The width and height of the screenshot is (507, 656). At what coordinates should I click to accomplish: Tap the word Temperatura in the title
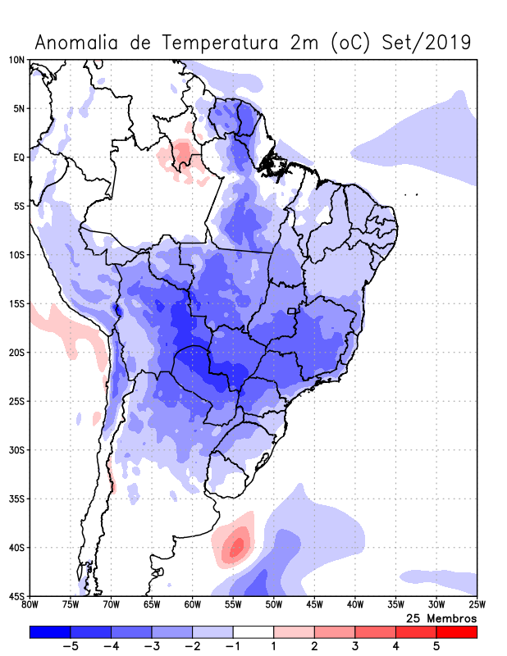(217, 42)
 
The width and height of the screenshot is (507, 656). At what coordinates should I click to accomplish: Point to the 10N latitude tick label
(16, 60)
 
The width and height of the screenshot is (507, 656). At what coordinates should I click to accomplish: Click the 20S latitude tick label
(16, 353)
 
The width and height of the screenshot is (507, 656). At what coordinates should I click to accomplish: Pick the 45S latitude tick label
(16, 595)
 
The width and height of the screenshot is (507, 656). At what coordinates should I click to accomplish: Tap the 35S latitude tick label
(16, 499)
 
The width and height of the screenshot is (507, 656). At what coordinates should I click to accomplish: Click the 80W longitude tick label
(30, 605)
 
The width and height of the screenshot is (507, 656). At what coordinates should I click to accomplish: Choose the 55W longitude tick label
(233, 605)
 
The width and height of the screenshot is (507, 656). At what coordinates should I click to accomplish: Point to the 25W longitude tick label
(477, 605)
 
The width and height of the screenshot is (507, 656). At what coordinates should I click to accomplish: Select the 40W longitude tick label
(355, 605)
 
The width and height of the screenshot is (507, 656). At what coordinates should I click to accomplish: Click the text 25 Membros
(441, 617)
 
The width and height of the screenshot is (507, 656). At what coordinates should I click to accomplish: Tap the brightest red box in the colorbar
(456, 632)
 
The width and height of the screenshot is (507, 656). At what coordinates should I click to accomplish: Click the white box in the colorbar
(253, 632)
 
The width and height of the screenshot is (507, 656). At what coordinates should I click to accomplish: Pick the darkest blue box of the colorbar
(50, 632)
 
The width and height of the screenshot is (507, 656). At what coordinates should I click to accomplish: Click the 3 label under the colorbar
(354, 647)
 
